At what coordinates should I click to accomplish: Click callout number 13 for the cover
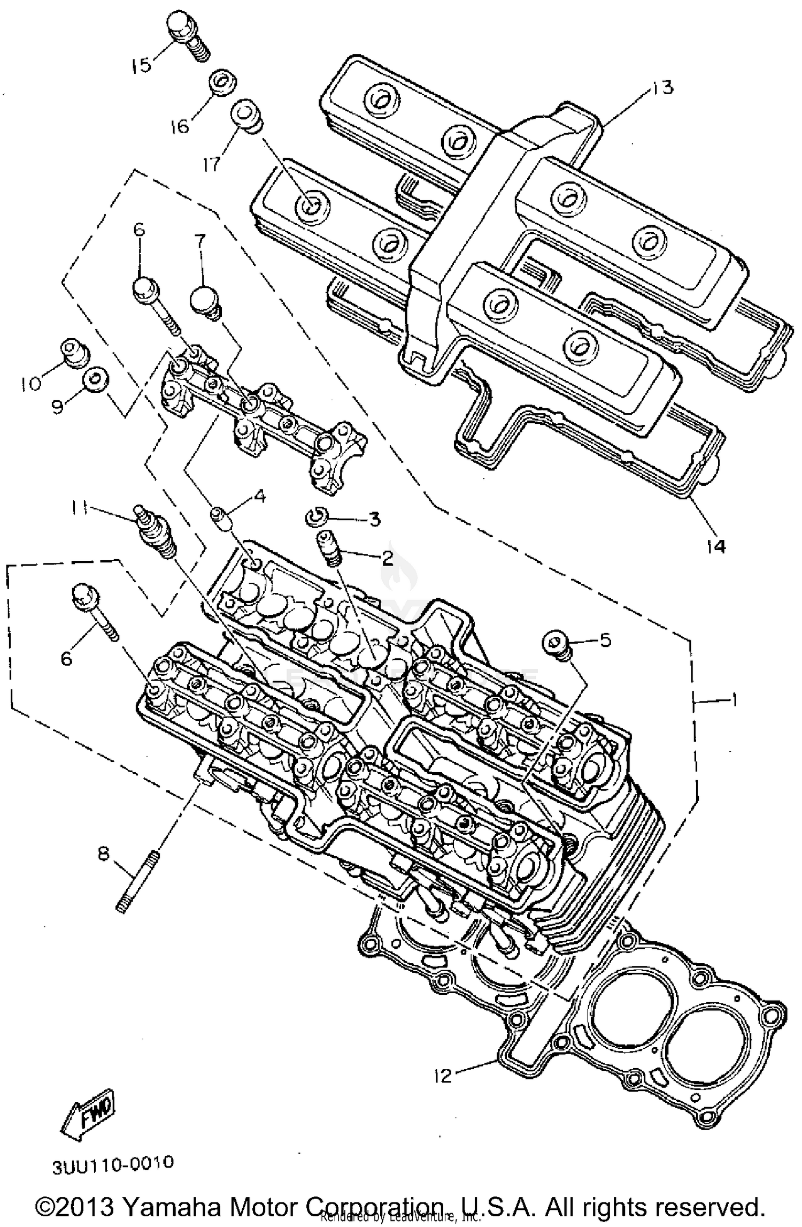[662, 88]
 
